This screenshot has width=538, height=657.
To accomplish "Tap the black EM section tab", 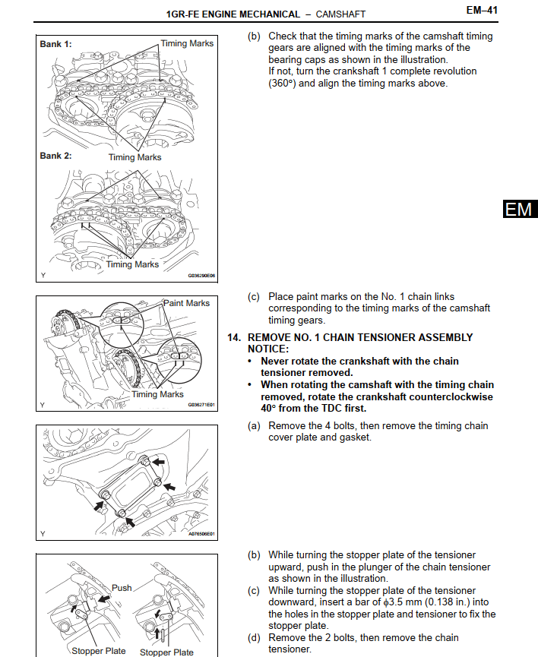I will (519, 209).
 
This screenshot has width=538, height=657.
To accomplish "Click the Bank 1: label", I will (55, 44).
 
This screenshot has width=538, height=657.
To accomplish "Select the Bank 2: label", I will (55, 156).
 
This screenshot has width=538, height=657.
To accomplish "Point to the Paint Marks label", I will (187, 303).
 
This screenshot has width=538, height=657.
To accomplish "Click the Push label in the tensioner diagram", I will (122, 587).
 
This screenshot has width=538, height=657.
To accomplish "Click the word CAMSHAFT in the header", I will (340, 14).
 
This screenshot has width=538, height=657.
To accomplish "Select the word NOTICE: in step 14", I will (269, 349).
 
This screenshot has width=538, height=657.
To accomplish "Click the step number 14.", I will (234, 337).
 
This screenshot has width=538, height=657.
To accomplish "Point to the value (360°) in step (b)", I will (284, 84).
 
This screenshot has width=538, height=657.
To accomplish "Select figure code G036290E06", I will (201, 276).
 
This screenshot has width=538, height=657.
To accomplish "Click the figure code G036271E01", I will (201, 405).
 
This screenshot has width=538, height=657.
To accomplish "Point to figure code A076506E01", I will (201, 534).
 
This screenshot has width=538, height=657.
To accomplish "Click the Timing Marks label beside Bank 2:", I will (134, 157).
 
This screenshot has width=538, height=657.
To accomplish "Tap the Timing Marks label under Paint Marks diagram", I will (157, 394).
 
